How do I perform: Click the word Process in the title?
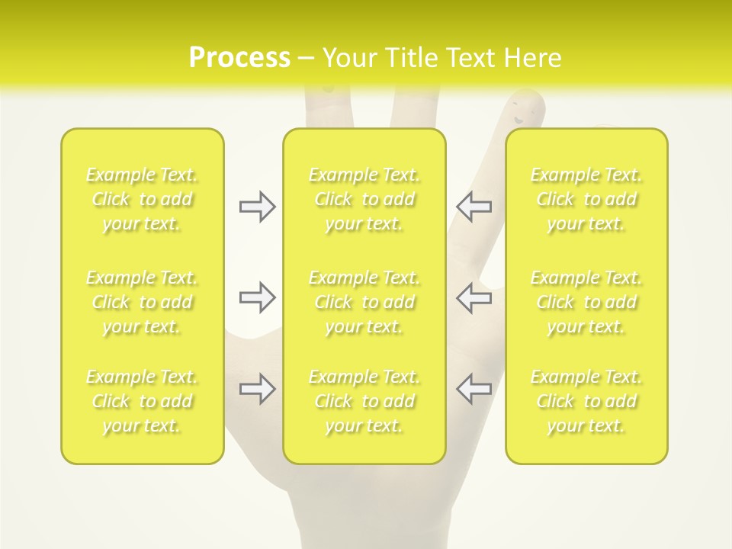pyautogui.click(x=239, y=58)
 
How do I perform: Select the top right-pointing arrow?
pyautogui.click(x=258, y=206)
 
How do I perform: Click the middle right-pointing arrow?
pyautogui.click(x=258, y=297)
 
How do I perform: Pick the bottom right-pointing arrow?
pyautogui.click(x=258, y=390)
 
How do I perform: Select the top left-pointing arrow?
pyautogui.click(x=474, y=206)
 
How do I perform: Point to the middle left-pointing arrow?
pyautogui.click(x=474, y=297)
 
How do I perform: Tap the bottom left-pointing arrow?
pyautogui.click(x=474, y=388)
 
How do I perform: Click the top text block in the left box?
pyautogui.click(x=142, y=199)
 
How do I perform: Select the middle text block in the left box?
pyautogui.click(x=142, y=302)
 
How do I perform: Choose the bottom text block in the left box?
pyautogui.click(x=142, y=401)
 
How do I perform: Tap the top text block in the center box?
pyautogui.click(x=364, y=199)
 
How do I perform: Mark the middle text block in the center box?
pyautogui.click(x=364, y=302)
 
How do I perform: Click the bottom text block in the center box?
pyautogui.click(x=364, y=401)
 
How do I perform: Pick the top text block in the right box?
pyautogui.click(x=586, y=199)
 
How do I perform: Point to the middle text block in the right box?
pyautogui.click(x=586, y=302)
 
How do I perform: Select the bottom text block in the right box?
pyautogui.click(x=586, y=401)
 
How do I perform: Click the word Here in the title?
pyautogui.click(x=534, y=58)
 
